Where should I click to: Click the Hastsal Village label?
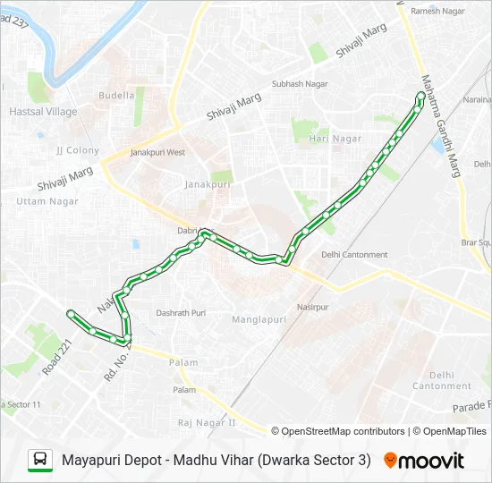[43, 112]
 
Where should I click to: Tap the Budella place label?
[116, 95]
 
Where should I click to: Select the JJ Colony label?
[78, 150]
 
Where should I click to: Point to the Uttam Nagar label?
[47, 201]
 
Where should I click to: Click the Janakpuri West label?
[157, 153]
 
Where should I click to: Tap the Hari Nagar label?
[335, 139]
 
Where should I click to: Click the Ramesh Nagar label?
[438, 11]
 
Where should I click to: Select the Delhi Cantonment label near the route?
[355, 255]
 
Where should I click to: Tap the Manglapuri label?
[259, 319]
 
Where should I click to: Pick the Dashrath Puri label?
[181, 313]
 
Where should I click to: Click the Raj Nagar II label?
[206, 422]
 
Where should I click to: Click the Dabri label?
[187, 230]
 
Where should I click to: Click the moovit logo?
[424, 461]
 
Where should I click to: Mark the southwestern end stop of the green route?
[71, 313]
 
